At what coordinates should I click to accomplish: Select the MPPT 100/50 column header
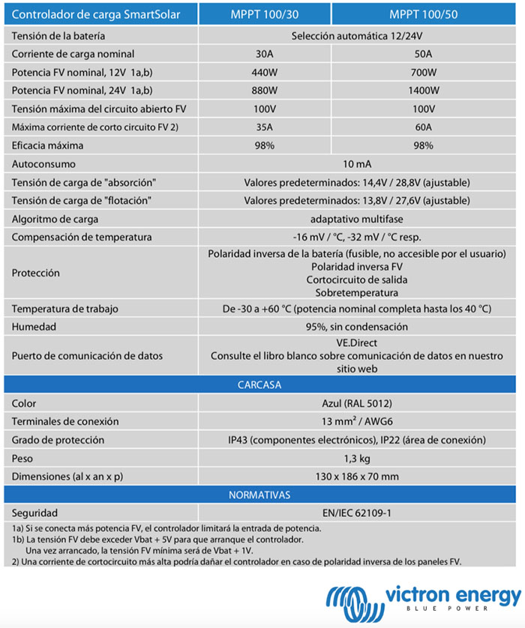coord(423,14)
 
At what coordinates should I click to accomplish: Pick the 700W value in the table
coord(423,72)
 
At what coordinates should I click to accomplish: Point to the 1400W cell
coord(423,91)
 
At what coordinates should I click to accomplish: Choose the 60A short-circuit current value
coord(423,127)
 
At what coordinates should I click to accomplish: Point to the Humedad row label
coord(34,327)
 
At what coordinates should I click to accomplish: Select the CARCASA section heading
coord(259,385)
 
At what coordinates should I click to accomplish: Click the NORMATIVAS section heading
coord(259,495)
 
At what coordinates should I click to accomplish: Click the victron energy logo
coord(424,600)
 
